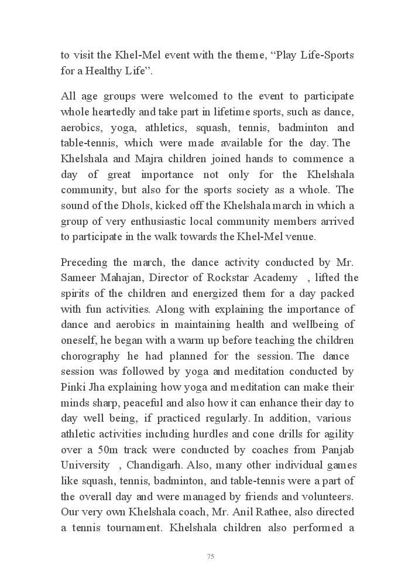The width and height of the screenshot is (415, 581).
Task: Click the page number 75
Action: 210,556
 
